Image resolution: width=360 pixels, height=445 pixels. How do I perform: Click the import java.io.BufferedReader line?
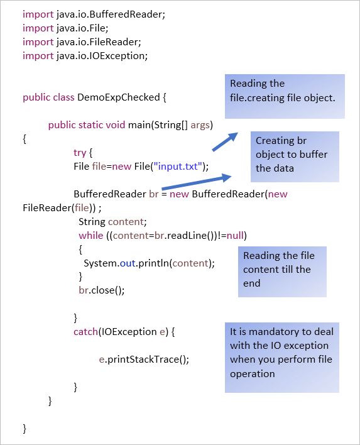(94, 14)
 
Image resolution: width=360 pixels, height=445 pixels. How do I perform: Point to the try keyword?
(80, 152)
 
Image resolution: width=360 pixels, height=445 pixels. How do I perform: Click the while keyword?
(90, 235)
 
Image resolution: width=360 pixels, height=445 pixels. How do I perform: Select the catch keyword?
(85, 331)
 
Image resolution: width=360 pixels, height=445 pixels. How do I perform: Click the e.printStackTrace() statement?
(144, 359)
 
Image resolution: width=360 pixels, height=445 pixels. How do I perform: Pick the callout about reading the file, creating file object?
(285, 96)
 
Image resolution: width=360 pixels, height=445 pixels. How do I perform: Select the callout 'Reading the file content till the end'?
(282, 270)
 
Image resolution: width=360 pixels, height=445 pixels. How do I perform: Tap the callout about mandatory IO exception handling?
(281, 357)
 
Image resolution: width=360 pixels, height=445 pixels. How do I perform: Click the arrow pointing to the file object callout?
(224, 142)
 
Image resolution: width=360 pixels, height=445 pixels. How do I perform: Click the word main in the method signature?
(138, 125)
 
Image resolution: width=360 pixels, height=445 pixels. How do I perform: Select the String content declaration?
(112, 221)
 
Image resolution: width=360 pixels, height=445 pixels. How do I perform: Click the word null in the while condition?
(235, 235)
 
